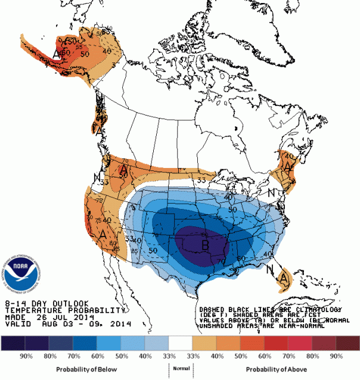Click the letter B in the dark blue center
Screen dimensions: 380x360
204,244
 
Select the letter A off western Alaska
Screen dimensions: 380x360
56,54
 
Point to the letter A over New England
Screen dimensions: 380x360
288,168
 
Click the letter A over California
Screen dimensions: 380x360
102,235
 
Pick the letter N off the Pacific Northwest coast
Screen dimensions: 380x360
97,176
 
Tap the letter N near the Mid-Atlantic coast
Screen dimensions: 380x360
271,192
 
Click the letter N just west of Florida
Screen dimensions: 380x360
270,269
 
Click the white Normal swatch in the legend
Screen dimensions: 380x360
179,344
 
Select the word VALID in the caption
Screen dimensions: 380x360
14,325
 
